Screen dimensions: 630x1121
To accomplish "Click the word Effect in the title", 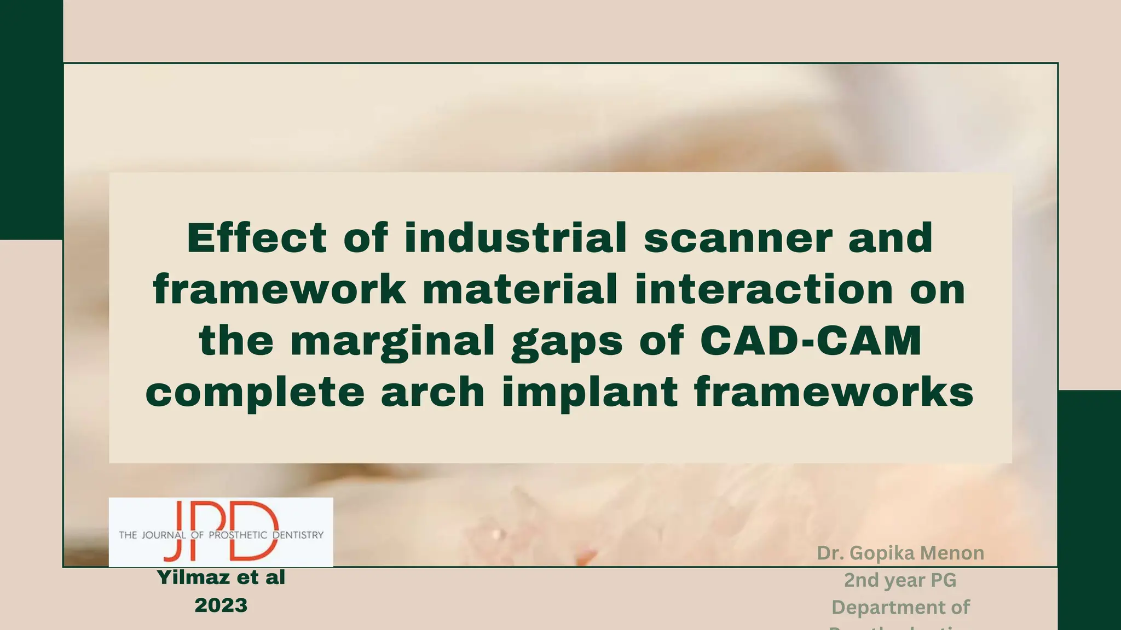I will coord(257,238).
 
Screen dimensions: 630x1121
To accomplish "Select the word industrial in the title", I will coord(516,238).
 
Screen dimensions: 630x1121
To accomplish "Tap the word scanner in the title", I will coord(738,239).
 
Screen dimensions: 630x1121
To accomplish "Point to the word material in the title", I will coord(520,290).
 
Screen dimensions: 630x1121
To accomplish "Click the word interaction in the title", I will coord(764,290).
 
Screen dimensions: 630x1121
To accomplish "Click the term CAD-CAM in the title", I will coord(811,341).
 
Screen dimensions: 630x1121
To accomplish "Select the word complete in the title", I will coord(255,393).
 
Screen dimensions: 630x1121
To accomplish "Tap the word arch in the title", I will coord(432,392).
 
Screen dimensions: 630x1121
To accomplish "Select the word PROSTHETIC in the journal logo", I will coord(238,535).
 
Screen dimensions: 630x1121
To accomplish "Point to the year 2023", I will coord(221,605).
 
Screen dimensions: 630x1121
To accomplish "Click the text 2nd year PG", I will coord(900,580).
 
